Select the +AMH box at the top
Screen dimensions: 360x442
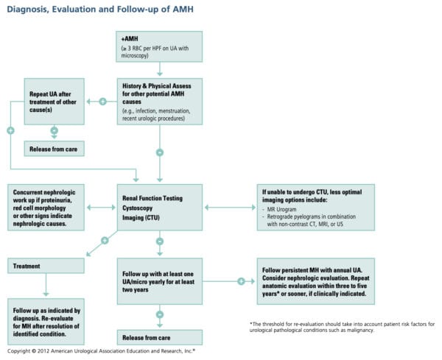pyautogui.click(x=159, y=46)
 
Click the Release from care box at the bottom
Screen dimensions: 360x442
pyautogui.click(x=159, y=337)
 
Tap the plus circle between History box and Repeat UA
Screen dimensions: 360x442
pyautogui.click(x=103, y=101)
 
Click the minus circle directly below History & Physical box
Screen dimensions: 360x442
pyautogui.click(x=159, y=152)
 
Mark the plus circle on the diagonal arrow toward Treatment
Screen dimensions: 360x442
pyautogui.click(x=105, y=241)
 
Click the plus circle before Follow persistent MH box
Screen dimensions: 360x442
pyautogui.click(x=241, y=281)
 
